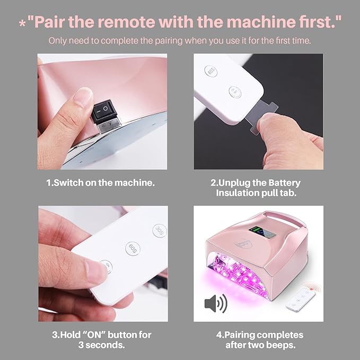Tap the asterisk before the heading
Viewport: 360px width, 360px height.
coord(22,24)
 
